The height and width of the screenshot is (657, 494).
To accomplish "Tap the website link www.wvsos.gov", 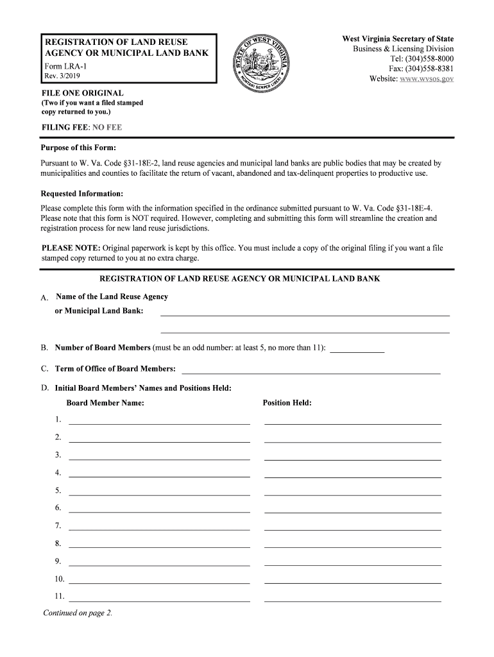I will (x=420, y=79).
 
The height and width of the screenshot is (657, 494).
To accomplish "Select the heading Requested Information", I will (x=82, y=193).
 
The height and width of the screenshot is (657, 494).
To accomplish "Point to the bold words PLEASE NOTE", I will (x=71, y=248).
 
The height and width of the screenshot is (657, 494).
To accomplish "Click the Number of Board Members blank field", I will (x=357, y=350).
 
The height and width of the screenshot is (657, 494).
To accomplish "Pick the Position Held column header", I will (x=287, y=403).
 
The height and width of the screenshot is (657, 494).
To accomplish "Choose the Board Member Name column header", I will (x=105, y=403).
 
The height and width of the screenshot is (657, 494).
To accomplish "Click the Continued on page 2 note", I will (x=78, y=613).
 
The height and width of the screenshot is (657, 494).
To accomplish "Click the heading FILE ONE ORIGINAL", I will (x=82, y=93).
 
